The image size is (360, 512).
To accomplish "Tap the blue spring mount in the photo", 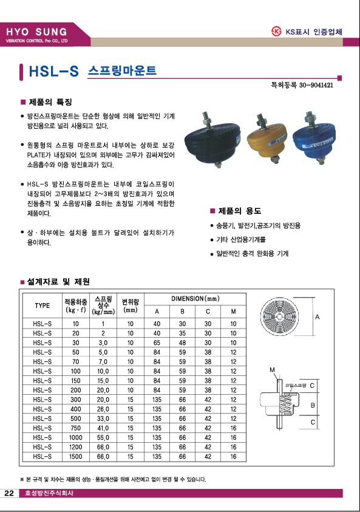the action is click(314, 138).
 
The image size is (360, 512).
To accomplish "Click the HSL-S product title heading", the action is click(54, 71).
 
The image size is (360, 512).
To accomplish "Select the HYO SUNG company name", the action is click(36, 32).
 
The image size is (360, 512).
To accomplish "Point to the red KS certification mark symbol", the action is click(276, 32).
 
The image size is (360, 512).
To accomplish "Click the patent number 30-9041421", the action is click(316, 85).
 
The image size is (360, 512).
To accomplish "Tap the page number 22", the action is click(9, 493).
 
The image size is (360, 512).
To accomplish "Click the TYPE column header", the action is click(42, 305).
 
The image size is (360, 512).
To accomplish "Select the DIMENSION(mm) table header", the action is click(195, 298).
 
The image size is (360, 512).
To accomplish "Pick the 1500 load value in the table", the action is click(76, 457).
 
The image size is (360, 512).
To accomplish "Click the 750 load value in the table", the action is click(76, 428).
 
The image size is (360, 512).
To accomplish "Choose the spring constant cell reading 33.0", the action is click(103, 418).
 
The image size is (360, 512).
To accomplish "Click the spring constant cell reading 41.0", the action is click(103, 428).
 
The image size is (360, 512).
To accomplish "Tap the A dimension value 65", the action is click(157, 343).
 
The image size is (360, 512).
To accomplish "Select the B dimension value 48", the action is click(183, 343).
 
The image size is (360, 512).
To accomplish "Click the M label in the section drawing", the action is click(272, 370).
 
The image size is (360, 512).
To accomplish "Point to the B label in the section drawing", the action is click(313, 405).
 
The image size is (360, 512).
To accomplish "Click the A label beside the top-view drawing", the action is click(318, 316).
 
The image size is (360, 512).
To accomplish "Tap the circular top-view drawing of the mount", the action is click(279, 316).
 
